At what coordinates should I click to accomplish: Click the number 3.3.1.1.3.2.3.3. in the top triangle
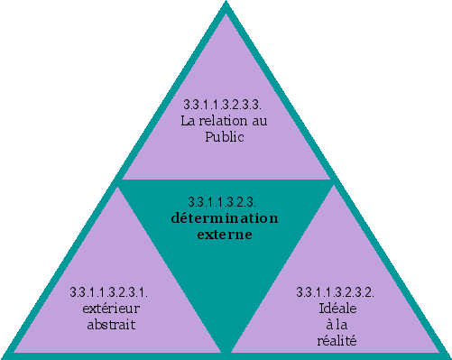225,106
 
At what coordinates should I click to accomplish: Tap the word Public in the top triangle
225,136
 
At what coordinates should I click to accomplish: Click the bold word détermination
225,218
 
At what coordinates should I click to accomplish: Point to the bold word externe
225,235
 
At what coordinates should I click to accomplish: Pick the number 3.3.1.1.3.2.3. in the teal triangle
225,200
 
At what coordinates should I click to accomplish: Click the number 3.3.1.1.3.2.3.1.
108,292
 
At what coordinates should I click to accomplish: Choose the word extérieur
108,309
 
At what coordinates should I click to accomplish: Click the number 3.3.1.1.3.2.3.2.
336,292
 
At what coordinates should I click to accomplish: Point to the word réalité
337,341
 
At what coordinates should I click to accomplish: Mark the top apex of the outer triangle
225,4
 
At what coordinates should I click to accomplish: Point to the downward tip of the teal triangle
225,348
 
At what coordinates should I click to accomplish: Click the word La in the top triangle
189,121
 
